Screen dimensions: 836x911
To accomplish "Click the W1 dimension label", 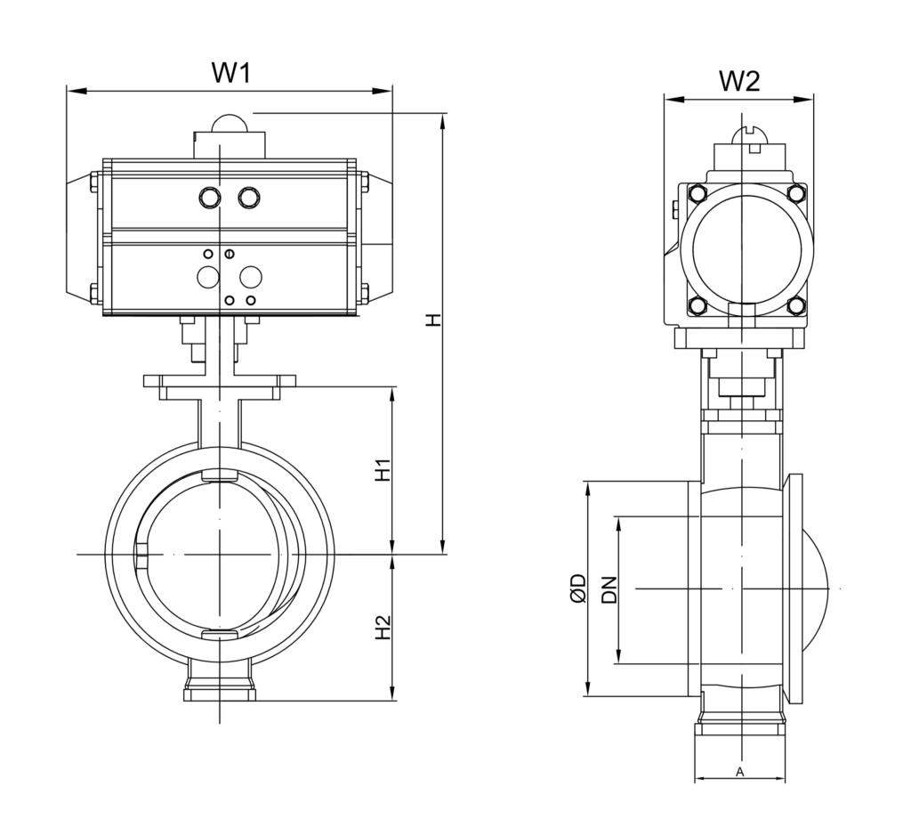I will click(x=230, y=72).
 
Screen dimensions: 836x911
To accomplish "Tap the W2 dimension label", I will click(x=739, y=81).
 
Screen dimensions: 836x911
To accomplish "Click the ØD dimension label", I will click(x=578, y=588).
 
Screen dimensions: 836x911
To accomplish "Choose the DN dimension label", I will click(x=609, y=589).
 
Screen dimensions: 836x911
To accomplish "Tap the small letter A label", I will click(x=740, y=771).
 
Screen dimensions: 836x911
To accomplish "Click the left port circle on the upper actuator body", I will click(x=211, y=196).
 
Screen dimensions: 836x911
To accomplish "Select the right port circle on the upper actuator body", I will click(x=248, y=196).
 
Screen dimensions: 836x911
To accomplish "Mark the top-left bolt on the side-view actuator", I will click(x=697, y=195).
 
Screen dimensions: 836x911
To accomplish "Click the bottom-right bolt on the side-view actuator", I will click(x=797, y=305).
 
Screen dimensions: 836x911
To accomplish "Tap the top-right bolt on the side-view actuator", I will click(x=797, y=195).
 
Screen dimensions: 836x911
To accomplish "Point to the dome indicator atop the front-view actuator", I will click(x=230, y=124).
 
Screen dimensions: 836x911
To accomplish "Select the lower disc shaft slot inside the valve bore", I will click(x=220, y=634).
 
